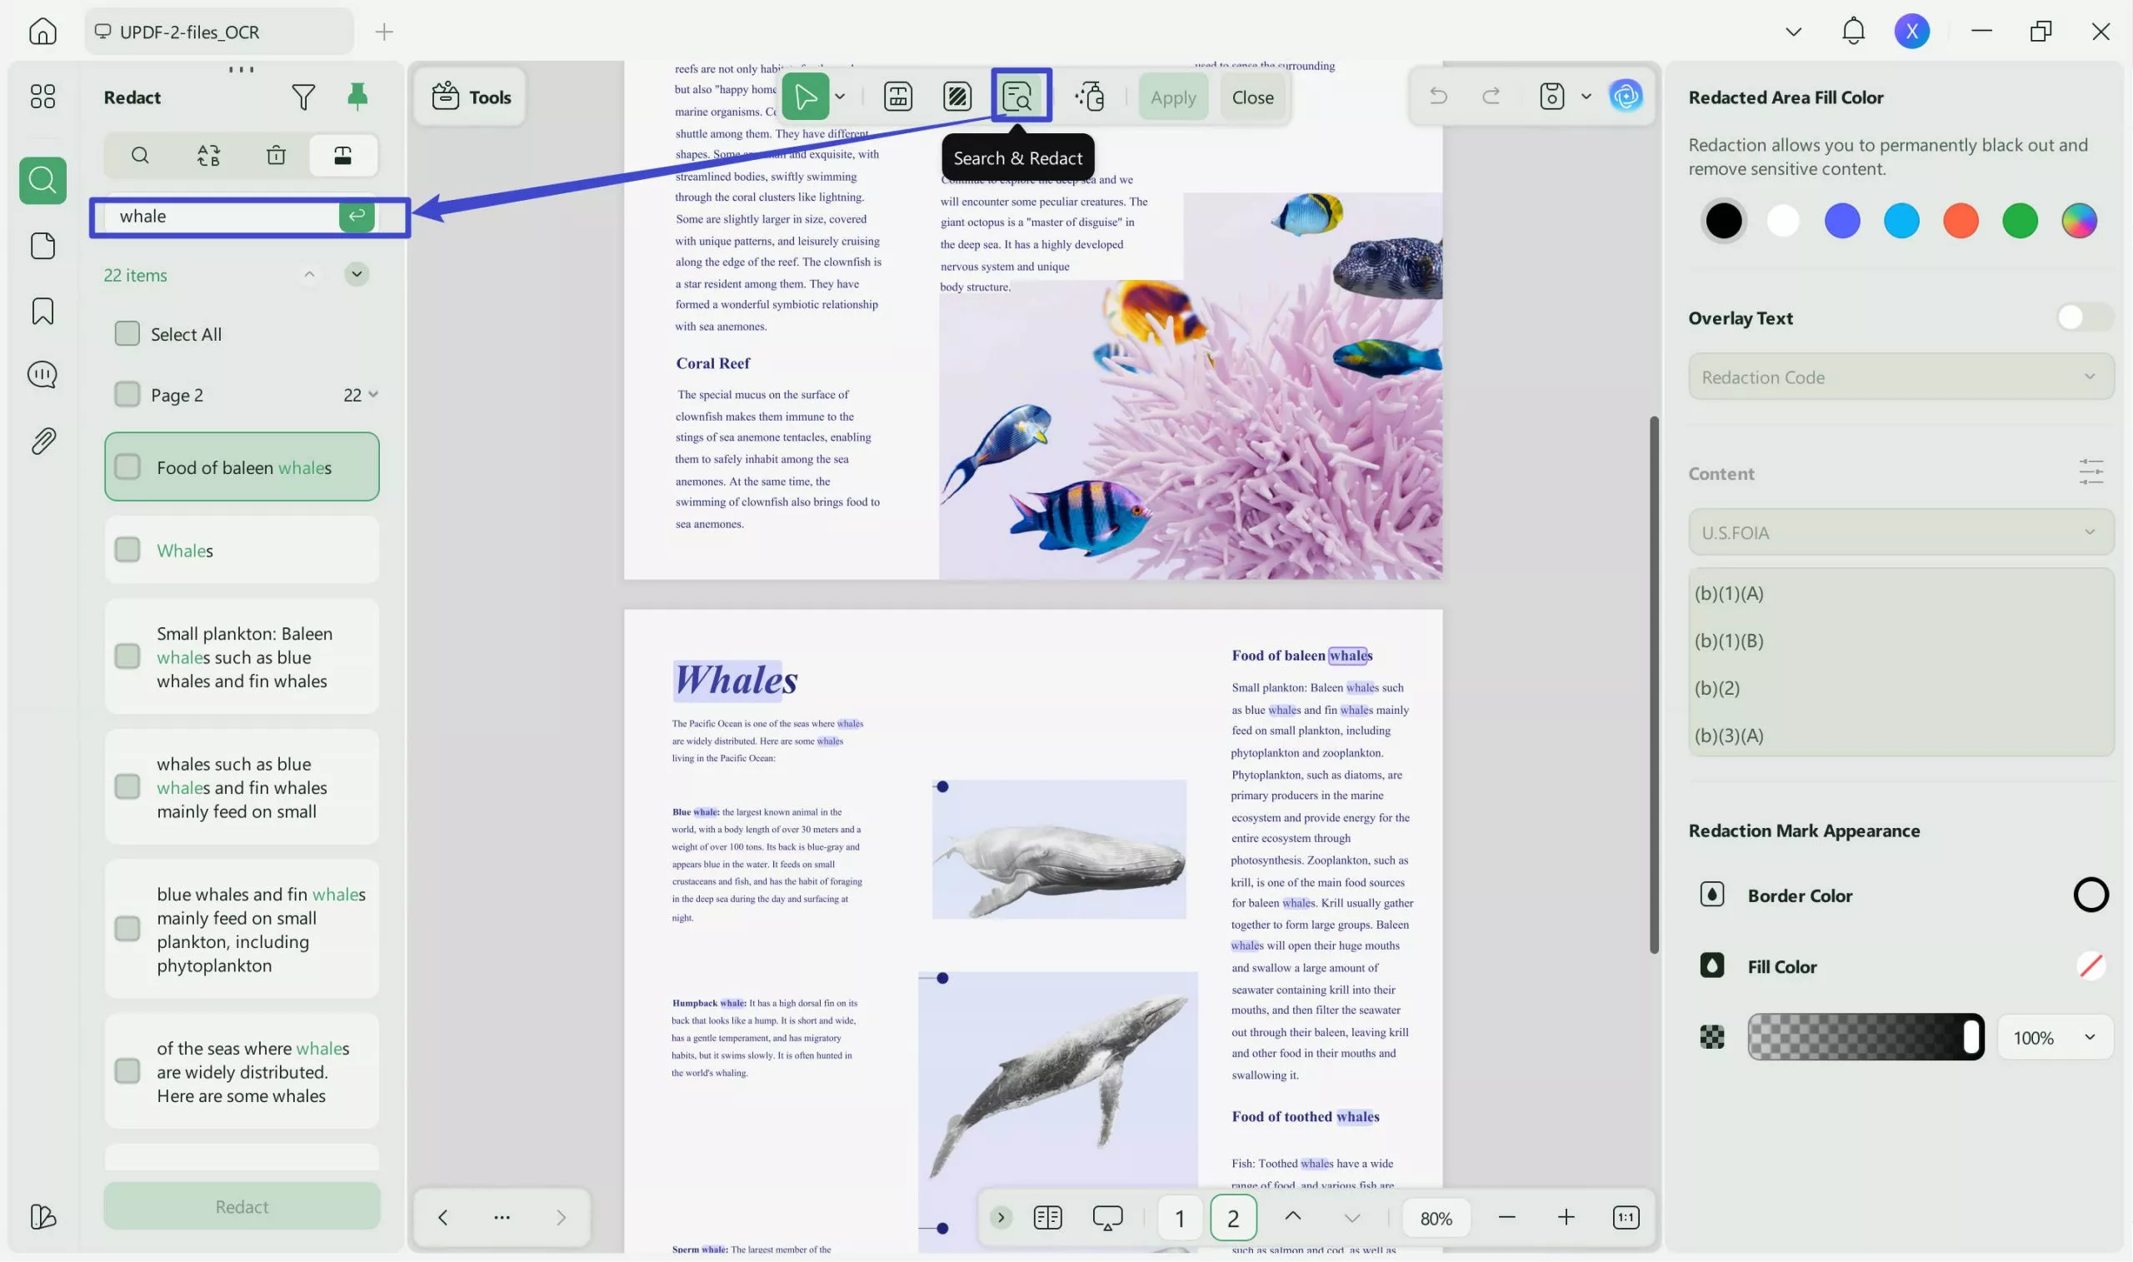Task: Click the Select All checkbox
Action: pos(127,333)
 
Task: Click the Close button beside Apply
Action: pos(1252,97)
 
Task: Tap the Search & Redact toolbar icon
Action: pos(1018,96)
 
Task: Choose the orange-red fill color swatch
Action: pos(1961,221)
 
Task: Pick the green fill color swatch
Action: pos(2019,221)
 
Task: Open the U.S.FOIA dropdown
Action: pos(1900,532)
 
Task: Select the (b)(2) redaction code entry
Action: pos(1717,687)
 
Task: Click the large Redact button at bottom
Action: pos(242,1206)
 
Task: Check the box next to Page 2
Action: pos(127,395)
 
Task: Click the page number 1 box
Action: pos(1179,1218)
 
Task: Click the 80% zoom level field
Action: pos(1436,1218)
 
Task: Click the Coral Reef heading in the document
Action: pos(712,363)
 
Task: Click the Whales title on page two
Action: pos(737,680)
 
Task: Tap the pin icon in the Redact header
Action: pos(357,96)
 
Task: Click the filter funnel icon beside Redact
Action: pos(302,97)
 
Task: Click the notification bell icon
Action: pos(1852,32)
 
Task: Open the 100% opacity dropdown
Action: pos(2054,1037)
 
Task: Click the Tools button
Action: pos(471,97)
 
